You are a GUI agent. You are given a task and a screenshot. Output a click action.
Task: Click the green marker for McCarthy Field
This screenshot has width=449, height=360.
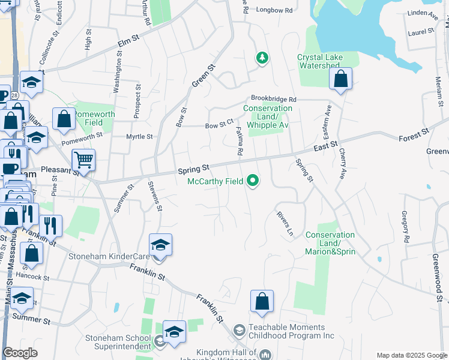pyautogui.click(x=253, y=180)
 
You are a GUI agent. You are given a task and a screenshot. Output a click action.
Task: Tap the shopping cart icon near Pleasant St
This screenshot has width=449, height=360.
pyautogui.click(x=83, y=160)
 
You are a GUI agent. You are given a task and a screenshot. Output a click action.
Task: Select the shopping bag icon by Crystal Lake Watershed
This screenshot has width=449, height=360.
pyautogui.click(x=340, y=79)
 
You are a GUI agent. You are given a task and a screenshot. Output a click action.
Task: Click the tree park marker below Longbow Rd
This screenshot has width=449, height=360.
pyautogui.click(x=262, y=58)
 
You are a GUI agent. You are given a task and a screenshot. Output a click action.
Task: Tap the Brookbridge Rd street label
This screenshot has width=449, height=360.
pyautogui.click(x=274, y=98)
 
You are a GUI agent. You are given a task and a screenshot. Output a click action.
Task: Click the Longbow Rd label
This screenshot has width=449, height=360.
pyautogui.click(x=274, y=10)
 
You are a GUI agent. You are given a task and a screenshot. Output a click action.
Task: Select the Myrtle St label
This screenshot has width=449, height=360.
pyautogui.click(x=140, y=137)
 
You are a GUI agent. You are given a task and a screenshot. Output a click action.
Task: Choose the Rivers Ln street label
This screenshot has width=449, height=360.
pyautogui.click(x=285, y=223)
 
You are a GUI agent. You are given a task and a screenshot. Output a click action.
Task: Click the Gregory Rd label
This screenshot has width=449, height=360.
pyautogui.click(x=406, y=227)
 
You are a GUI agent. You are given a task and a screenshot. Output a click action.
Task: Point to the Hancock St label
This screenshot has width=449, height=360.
pyautogui.click(x=32, y=277)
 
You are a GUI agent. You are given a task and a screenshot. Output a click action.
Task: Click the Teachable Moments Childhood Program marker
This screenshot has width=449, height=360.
pyautogui.click(x=239, y=331)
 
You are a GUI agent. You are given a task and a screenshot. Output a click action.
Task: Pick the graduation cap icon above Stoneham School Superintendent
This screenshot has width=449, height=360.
pyautogui.click(x=174, y=331)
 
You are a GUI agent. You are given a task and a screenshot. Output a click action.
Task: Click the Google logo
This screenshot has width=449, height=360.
pyautogui.click(x=20, y=353)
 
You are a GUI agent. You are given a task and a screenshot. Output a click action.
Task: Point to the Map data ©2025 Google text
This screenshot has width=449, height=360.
pyautogui.click(x=412, y=355)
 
